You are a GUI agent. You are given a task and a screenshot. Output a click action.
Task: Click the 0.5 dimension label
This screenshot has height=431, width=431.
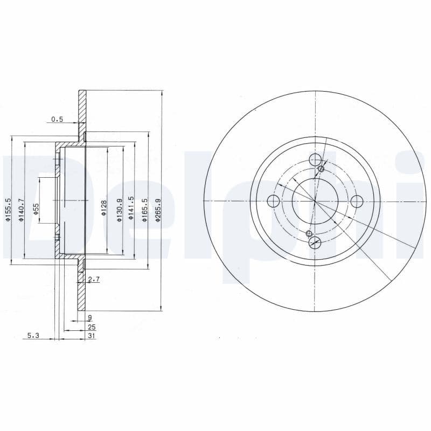click(57, 119)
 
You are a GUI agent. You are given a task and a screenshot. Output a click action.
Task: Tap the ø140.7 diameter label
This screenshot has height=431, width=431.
click(22, 208)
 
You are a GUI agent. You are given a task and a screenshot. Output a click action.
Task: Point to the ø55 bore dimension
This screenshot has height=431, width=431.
click(36, 210)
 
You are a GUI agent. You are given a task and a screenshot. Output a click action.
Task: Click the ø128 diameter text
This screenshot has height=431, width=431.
click(104, 208)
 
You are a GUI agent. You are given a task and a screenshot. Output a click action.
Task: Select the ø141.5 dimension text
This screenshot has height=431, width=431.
click(131, 208)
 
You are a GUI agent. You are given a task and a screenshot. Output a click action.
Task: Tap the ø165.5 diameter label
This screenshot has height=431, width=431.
click(144, 208)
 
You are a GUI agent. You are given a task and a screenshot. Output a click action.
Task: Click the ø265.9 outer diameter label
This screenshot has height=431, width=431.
click(158, 208)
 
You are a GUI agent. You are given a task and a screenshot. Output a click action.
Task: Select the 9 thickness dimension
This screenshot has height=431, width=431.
click(90, 318)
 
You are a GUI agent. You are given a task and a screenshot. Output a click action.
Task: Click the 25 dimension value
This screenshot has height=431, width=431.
click(91, 326)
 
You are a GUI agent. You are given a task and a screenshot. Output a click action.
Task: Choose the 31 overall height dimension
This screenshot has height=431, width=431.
click(91, 335)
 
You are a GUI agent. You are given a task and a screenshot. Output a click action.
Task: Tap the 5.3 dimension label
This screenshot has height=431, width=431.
click(33, 335)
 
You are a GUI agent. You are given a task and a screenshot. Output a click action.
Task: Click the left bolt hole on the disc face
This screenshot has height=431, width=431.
click(274, 201)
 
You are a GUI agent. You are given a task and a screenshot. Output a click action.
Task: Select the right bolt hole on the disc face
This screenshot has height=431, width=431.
click(357, 201)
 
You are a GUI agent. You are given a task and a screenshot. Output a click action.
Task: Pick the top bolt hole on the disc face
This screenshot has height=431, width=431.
click(315, 160)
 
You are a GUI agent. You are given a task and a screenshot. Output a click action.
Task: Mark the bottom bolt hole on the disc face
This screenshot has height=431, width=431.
click(315, 242)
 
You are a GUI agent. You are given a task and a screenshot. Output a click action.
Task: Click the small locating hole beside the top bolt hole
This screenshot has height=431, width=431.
click(322, 169)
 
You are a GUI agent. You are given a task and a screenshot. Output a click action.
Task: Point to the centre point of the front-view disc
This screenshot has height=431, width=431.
click(315, 201)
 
